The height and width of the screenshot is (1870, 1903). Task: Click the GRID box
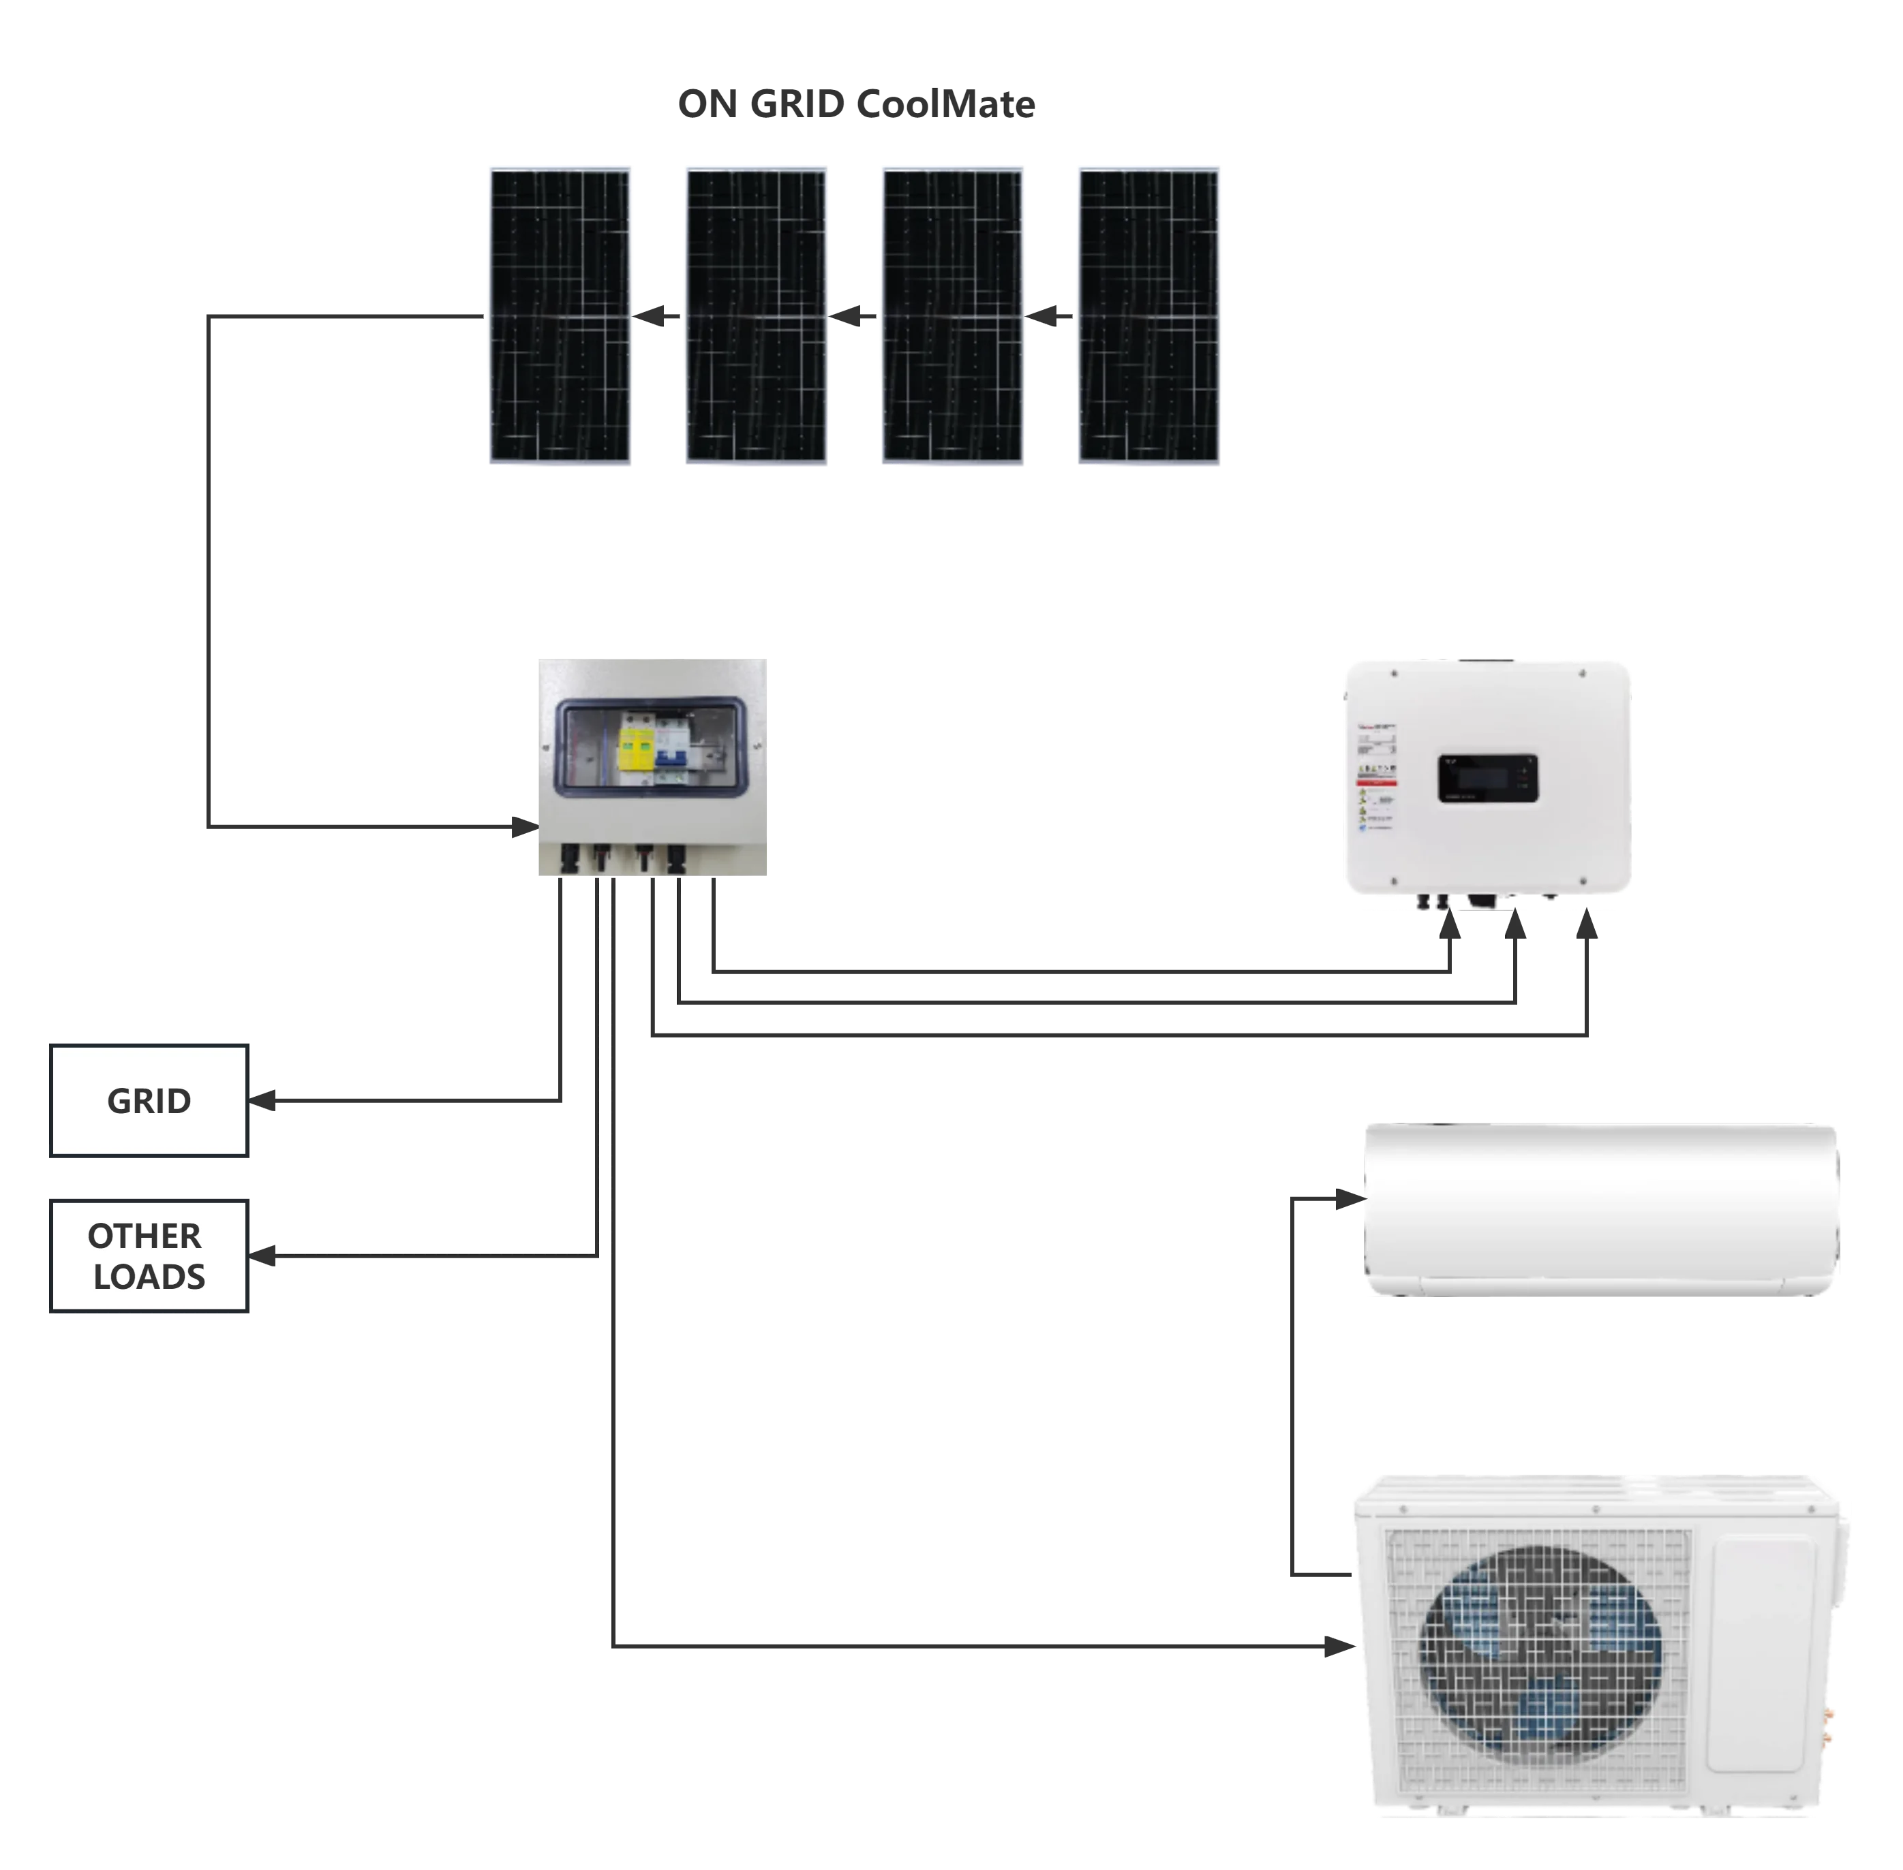pyautogui.click(x=149, y=1101)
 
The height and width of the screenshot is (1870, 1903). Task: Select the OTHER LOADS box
pyautogui.click(x=149, y=1254)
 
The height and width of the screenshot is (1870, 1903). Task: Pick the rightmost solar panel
pyautogui.click(x=1149, y=316)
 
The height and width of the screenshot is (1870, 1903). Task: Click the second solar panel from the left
pyautogui.click(x=757, y=316)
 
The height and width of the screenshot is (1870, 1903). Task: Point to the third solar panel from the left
pyautogui.click(x=953, y=316)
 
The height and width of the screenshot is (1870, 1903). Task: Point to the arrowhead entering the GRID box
pyautogui.click(x=263, y=1101)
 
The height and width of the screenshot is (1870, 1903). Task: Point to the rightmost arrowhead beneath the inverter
pyautogui.click(x=1589, y=928)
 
